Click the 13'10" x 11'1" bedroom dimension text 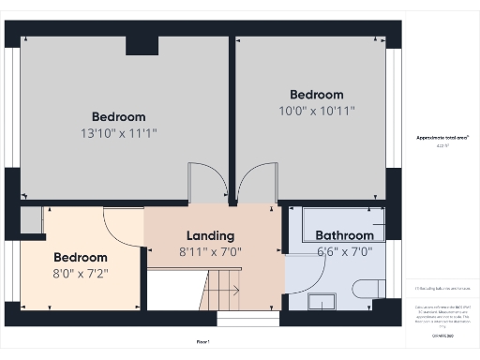point(119,134)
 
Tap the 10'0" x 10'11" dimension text point(316,112)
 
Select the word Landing point(210,235)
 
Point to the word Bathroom point(344,235)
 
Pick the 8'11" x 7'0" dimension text point(210,251)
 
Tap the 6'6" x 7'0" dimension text point(344,251)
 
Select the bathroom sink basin point(322,301)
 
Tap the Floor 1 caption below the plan point(202,341)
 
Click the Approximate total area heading point(442,138)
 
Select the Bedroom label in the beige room point(80,257)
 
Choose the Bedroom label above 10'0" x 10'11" point(316,95)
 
